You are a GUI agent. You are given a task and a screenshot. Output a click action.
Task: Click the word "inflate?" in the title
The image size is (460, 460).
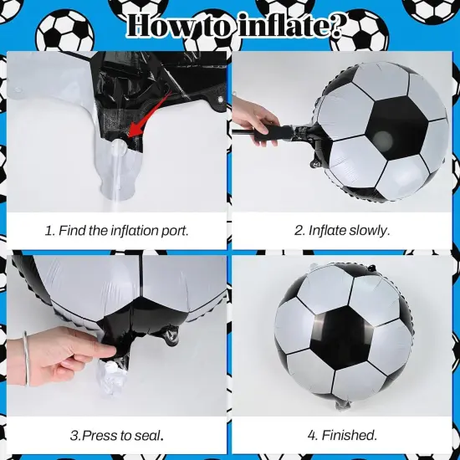289,28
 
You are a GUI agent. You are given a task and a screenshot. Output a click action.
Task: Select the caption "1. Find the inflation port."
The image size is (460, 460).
116,230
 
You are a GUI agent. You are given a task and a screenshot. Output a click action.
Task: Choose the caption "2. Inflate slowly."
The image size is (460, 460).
342,230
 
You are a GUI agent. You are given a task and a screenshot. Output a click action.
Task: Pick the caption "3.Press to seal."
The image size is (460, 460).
116,435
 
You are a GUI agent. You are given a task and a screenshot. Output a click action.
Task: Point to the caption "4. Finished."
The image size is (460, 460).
343,435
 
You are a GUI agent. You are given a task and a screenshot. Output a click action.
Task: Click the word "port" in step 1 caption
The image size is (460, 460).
172,230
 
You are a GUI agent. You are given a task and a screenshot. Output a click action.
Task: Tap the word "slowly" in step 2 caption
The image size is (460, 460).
369,230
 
